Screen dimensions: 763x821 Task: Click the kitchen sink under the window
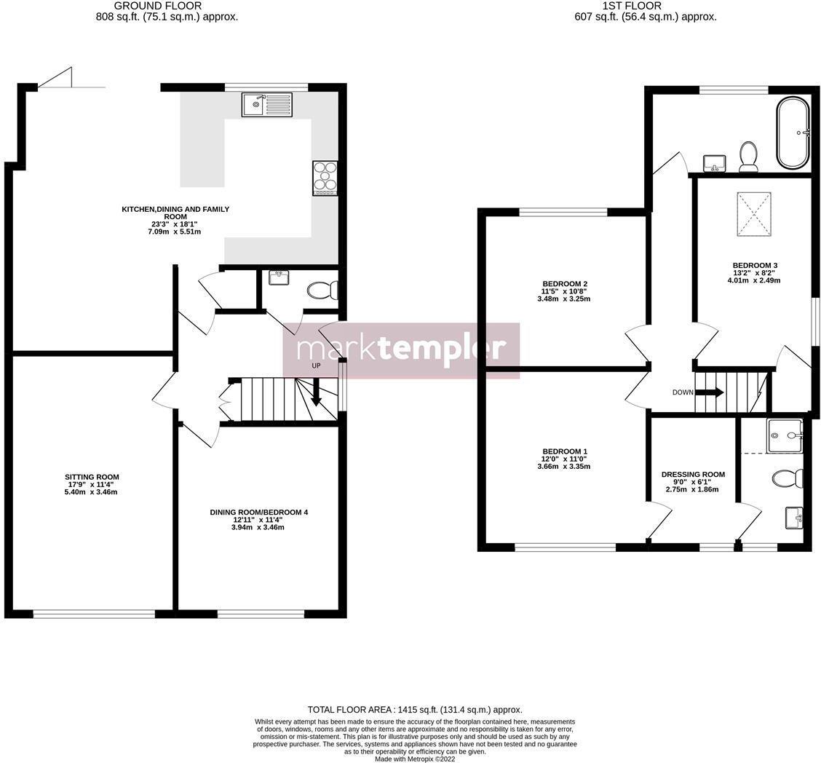pyautogui.click(x=267, y=105)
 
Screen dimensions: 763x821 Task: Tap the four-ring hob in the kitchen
pyautogui.click(x=325, y=178)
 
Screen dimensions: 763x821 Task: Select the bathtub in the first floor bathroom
pyautogui.click(x=793, y=133)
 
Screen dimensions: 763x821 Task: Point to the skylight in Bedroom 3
pyautogui.click(x=753, y=213)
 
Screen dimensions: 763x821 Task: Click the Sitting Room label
pyautogui.click(x=92, y=478)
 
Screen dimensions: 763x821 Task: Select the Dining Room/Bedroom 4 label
pyautogui.click(x=258, y=513)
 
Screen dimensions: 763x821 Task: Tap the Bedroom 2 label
pyautogui.click(x=564, y=284)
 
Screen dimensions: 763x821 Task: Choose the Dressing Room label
pyautogui.click(x=693, y=475)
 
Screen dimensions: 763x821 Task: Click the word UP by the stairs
pyautogui.click(x=316, y=365)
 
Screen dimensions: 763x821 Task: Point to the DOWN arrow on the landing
pyautogui.click(x=710, y=392)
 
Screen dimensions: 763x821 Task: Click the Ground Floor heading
pyautogui.click(x=158, y=6)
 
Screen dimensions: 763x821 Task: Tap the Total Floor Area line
pyautogui.click(x=414, y=709)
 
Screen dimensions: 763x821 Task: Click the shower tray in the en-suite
pyautogui.click(x=785, y=435)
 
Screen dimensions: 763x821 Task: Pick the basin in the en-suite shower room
pyautogui.click(x=794, y=518)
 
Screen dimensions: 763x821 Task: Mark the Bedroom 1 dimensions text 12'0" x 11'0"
pyautogui.click(x=564, y=459)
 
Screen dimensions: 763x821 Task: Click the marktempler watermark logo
pyautogui.click(x=401, y=350)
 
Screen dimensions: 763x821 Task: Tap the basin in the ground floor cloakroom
pyautogui.click(x=279, y=277)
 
